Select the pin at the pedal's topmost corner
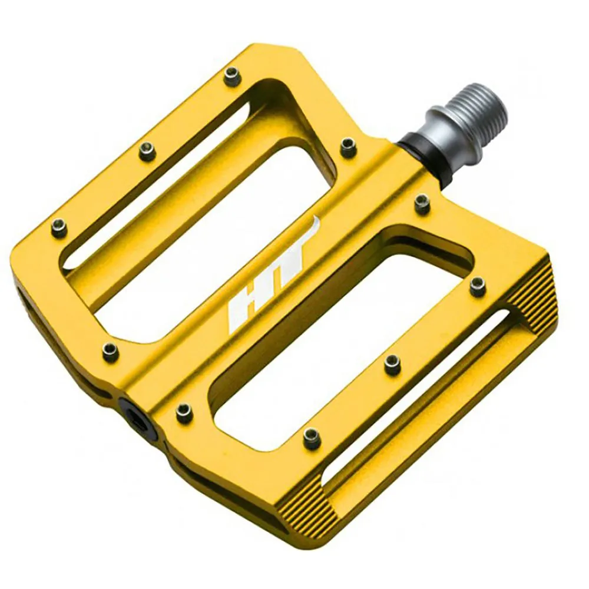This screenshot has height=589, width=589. coord(233,75)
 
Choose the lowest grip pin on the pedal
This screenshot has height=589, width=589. coord(311,437)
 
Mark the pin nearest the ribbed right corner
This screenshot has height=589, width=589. coord(478,287)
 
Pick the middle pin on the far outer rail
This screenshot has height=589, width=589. coord(147,152)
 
